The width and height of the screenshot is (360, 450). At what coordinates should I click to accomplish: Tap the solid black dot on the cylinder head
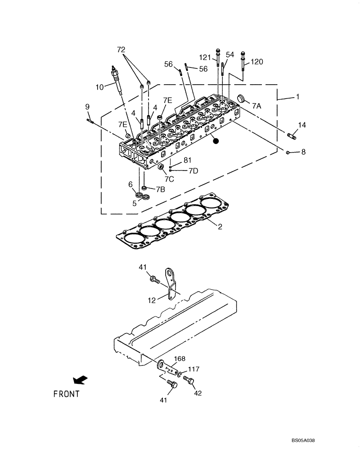click(x=216, y=141)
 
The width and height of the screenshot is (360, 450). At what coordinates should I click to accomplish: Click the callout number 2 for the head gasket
click(x=220, y=227)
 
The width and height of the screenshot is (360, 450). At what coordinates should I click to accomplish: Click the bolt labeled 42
click(x=189, y=382)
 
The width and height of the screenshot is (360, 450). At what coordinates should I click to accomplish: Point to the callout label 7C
click(x=169, y=179)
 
